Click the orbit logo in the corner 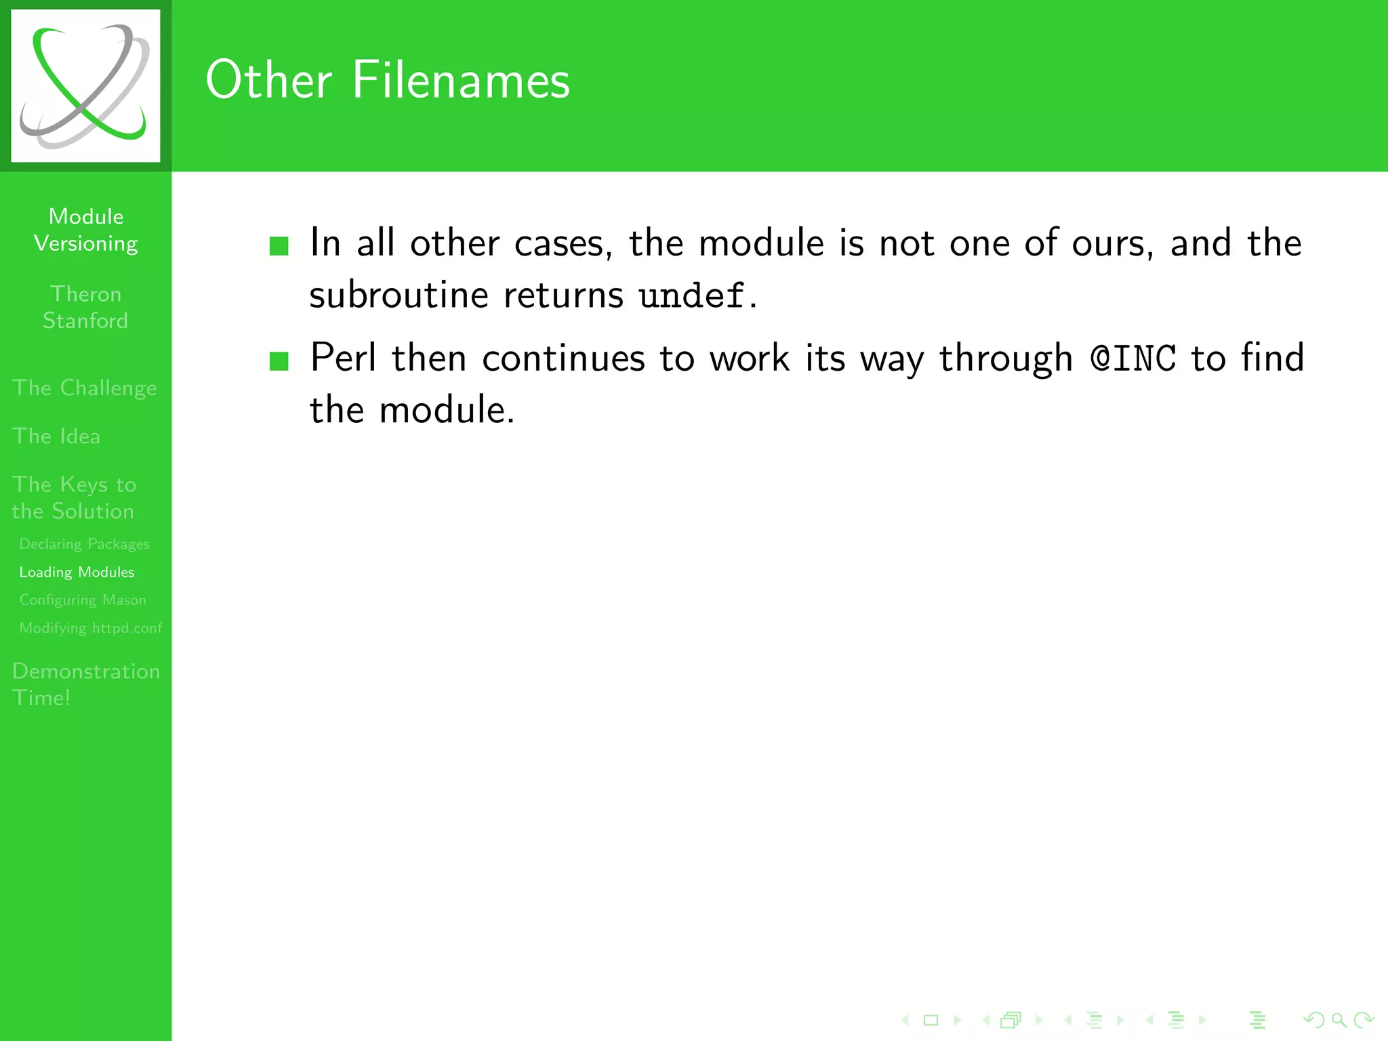(x=85, y=85)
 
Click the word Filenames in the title (x=461, y=80)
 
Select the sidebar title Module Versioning (x=86, y=230)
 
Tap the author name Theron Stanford (x=85, y=307)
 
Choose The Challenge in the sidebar (x=84, y=388)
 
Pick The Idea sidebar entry (x=56, y=436)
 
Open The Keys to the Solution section (x=74, y=497)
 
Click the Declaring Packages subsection (x=84, y=544)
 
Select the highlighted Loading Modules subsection (x=77, y=572)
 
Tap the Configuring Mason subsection (x=83, y=600)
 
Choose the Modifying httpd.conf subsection (x=91, y=628)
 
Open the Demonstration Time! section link (x=86, y=684)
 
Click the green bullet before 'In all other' (x=279, y=245)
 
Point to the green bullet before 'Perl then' (x=279, y=361)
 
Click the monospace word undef (x=691, y=295)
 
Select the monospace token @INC (x=1133, y=358)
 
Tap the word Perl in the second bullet (x=342, y=357)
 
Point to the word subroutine (x=399, y=295)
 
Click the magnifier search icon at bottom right (x=1339, y=1020)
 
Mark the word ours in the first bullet (x=1111, y=243)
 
